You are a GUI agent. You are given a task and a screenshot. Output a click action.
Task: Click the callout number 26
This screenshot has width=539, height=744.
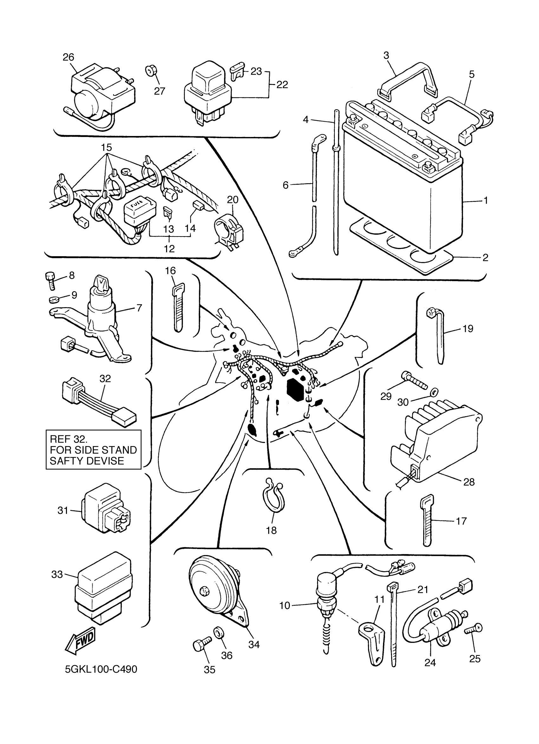pyautogui.click(x=68, y=57)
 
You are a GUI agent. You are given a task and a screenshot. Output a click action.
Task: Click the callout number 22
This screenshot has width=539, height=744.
pyautogui.click(x=282, y=85)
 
